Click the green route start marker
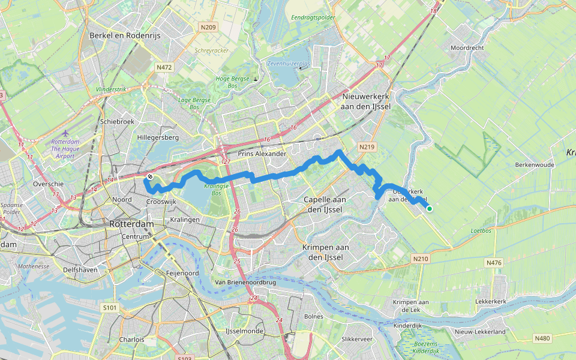tap(430, 208)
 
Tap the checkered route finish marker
tap(149, 176)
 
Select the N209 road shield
tap(209, 27)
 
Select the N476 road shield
tap(493, 262)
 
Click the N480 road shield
tap(542, 338)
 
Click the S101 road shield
tap(110, 307)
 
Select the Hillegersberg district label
tap(158, 137)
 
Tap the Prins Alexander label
tap(262, 154)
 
